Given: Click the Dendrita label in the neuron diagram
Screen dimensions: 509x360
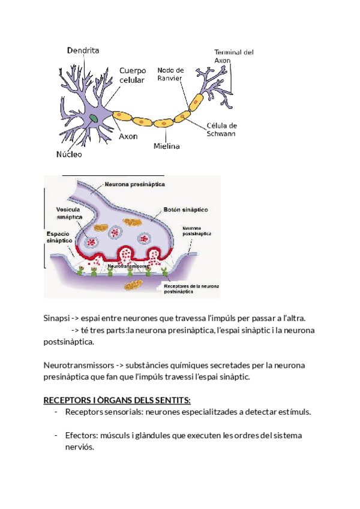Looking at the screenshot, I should (83, 51).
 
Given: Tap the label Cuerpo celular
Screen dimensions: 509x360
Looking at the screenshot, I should (132, 75).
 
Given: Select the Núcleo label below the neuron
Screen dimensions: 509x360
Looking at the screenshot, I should (69, 154).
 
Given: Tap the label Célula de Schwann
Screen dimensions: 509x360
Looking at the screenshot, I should (221, 130).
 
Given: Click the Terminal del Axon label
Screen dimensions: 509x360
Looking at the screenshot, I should (233, 56).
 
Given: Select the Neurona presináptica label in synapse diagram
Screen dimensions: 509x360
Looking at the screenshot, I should (135, 184).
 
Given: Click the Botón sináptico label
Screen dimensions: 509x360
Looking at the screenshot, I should (185, 210).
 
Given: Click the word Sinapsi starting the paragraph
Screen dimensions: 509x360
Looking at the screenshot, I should (56, 318).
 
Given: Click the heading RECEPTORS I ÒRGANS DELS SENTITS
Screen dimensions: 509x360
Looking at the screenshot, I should (117, 400).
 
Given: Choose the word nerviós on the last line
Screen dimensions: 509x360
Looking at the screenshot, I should (80, 447).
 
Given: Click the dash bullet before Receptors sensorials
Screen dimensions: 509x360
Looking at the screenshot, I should (56, 412).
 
